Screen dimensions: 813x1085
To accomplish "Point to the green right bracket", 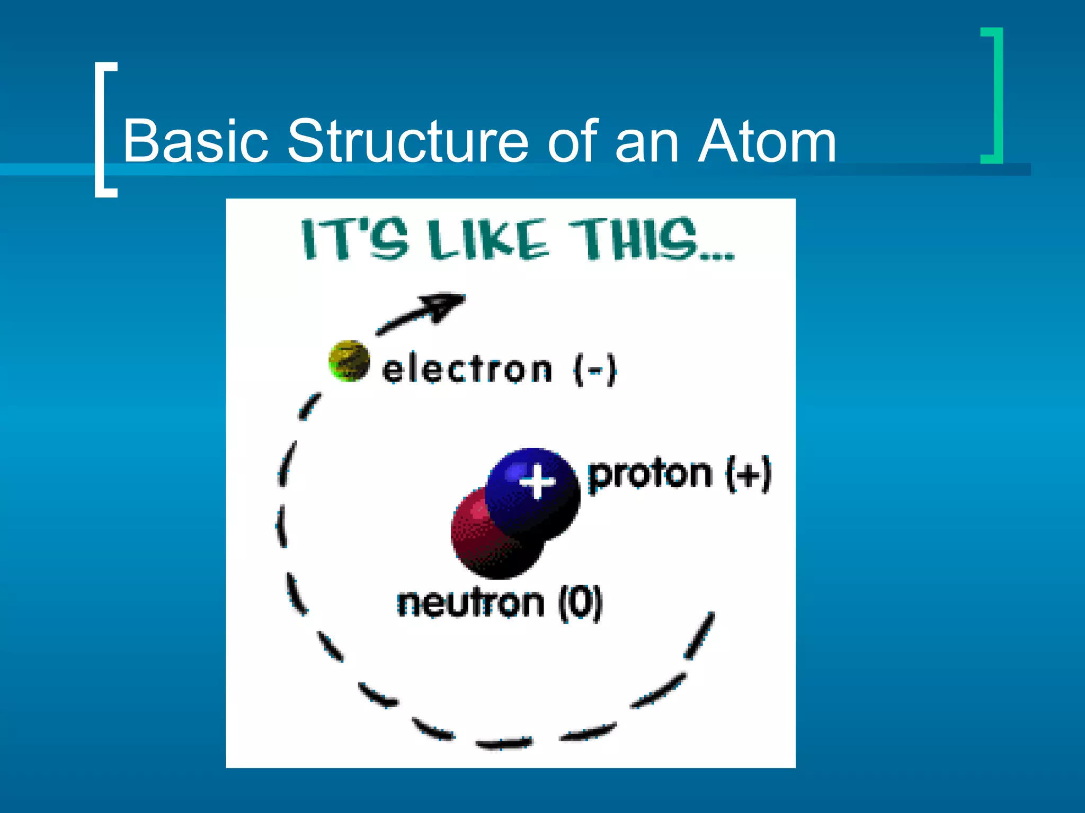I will click(996, 95).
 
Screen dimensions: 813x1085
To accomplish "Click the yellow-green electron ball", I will click(349, 361).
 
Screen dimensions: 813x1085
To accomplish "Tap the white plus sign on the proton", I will click(537, 481).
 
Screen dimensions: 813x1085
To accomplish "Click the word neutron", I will click(470, 603).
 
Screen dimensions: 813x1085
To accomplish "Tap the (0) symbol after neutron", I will click(581, 603).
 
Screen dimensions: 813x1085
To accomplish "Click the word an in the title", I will click(646, 141).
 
